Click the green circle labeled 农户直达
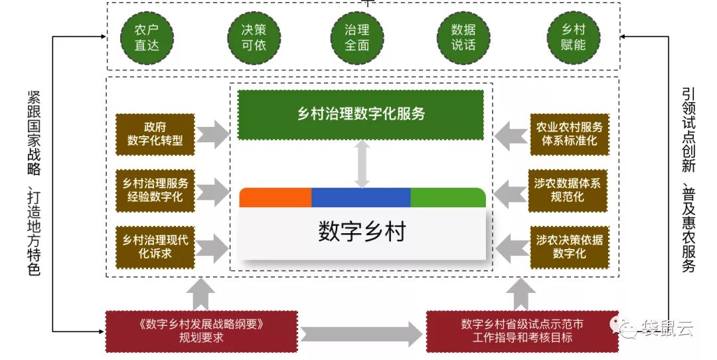click(x=147, y=37)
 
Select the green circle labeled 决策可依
click(x=254, y=37)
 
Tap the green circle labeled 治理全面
click(x=357, y=37)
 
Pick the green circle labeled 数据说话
click(x=463, y=37)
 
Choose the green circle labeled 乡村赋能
click(x=574, y=37)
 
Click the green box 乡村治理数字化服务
click(x=360, y=114)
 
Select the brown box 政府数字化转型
click(x=155, y=134)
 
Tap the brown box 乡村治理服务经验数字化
click(x=155, y=191)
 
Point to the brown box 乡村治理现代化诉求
click(x=155, y=247)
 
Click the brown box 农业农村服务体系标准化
click(x=570, y=134)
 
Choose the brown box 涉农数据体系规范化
click(x=568, y=191)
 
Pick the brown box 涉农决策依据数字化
click(x=570, y=247)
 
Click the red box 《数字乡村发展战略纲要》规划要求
click(x=202, y=331)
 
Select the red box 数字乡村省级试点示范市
click(x=522, y=331)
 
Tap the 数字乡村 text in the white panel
click(x=362, y=231)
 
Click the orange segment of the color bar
click(x=276, y=198)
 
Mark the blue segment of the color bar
click(x=361, y=198)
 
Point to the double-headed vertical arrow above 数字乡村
click(x=362, y=164)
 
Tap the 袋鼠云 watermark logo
click(x=653, y=326)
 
